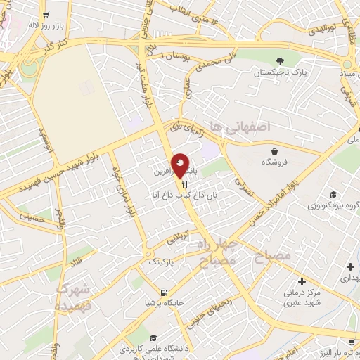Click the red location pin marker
[x=180, y=165]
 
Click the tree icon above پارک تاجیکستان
[x=281, y=60]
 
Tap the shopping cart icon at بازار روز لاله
[x=46, y=13]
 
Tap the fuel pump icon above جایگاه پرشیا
[x=164, y=292]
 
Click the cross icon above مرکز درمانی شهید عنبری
[x=302, y=281]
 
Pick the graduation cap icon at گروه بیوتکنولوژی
[x=333, y=195]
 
